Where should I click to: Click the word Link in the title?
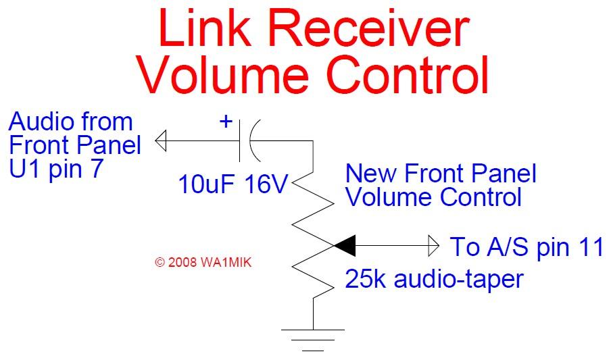click(204, 28)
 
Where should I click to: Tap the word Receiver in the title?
click(368, 28)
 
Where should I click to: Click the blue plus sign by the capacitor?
click(226, 122)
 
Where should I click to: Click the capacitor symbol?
click(250, 140)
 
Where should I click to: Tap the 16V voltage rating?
click(266, 184)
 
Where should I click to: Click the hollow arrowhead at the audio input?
click(161, 140)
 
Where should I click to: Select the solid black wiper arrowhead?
click(345, 246)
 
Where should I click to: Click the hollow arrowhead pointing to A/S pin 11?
click(433, 246)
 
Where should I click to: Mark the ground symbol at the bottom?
click(313, 340)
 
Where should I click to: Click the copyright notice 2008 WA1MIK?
click(203, 263)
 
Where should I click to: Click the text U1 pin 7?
click(56, 169)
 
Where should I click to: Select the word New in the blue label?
click(371, 173)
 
